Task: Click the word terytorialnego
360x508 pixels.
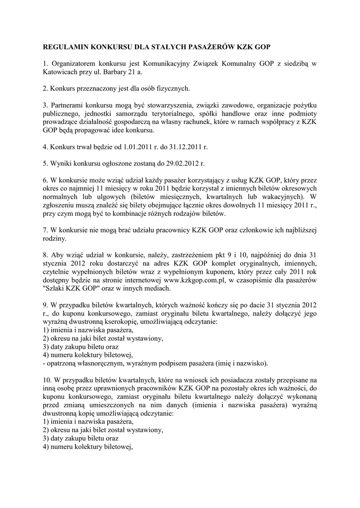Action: click(165, 114)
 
